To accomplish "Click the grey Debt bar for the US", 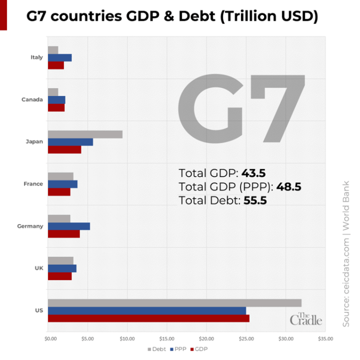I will click(174, 303).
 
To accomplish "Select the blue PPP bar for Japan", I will click(70, 142).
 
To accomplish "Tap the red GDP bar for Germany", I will click(63, 234).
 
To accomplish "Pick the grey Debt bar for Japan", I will click(85, 134).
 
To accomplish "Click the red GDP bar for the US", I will click(148, 318).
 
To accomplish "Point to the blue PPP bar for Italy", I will click(60, 58).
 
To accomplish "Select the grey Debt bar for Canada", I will click(53, 92).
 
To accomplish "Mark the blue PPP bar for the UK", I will click(62, 268).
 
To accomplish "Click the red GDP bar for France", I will click(59, 192).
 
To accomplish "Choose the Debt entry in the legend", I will click(156, 349).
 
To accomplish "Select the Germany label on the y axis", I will click(30, 226).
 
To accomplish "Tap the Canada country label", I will click(32, 100).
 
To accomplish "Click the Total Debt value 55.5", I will click(255, 201).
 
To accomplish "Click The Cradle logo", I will click(306, 318).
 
